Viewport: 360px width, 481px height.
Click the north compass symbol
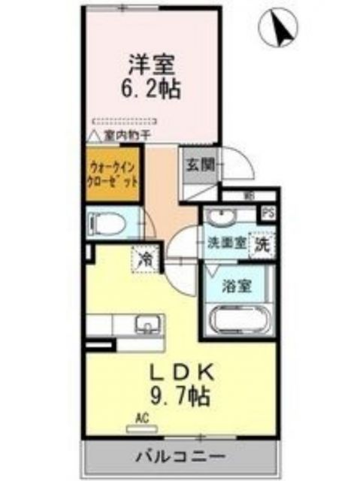(279, 29)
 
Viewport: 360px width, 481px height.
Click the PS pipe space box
(267, 212)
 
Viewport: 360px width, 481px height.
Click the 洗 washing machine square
(262, 244)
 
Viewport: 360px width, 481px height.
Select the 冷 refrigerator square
(144, 260)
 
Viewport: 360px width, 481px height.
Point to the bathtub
(237, 322)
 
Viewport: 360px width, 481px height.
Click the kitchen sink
(146, 325)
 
